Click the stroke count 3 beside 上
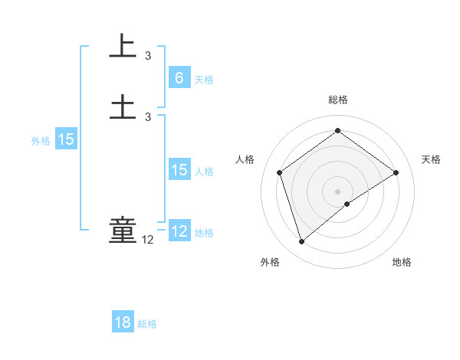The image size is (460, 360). point(148,56)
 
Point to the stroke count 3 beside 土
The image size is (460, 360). point(148,116)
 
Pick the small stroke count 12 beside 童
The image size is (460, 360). point(148,240)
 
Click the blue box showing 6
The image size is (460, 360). point(179,78)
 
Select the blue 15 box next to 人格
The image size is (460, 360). point(179,170)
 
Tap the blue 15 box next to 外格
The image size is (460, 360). point(66,139)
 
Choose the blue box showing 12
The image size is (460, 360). point(179,231)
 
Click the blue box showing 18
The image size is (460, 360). point(123,322)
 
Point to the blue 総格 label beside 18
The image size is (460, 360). point(147,324)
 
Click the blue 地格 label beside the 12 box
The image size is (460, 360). point(204,233)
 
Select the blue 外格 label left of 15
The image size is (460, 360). point(41,141)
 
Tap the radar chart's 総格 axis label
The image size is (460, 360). point(337,100)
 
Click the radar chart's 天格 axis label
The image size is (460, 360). point(431,159)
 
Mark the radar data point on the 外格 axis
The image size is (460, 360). point(301,242)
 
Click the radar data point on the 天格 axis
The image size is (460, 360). point(396,172)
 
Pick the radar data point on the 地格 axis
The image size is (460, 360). point(347,204)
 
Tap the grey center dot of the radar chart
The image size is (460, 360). point(337,191)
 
